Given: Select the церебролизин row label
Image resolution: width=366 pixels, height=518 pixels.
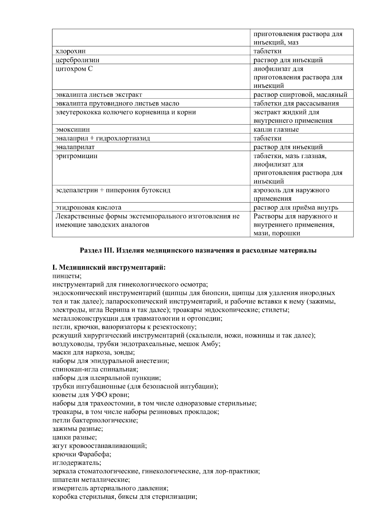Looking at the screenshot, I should (x=77, y=60).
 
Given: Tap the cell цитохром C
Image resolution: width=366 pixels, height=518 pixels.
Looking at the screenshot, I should (x=74, y=69).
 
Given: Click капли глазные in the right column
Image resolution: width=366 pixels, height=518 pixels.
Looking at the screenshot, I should (x=276, y=129).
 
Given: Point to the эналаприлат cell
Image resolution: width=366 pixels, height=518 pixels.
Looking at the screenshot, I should (x=75, y=147).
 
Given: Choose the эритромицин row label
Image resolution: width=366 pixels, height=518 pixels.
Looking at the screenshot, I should (x=77, y=156).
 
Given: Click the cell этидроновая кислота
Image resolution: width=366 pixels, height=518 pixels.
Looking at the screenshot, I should (x=88, y=207).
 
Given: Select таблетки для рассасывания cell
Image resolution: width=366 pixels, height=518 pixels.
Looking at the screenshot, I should (x=296, y=103).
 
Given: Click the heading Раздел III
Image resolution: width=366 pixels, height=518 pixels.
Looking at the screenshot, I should (x=198, y=251).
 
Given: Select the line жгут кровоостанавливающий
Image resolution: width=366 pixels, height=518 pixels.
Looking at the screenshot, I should (x=100, y=445).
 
